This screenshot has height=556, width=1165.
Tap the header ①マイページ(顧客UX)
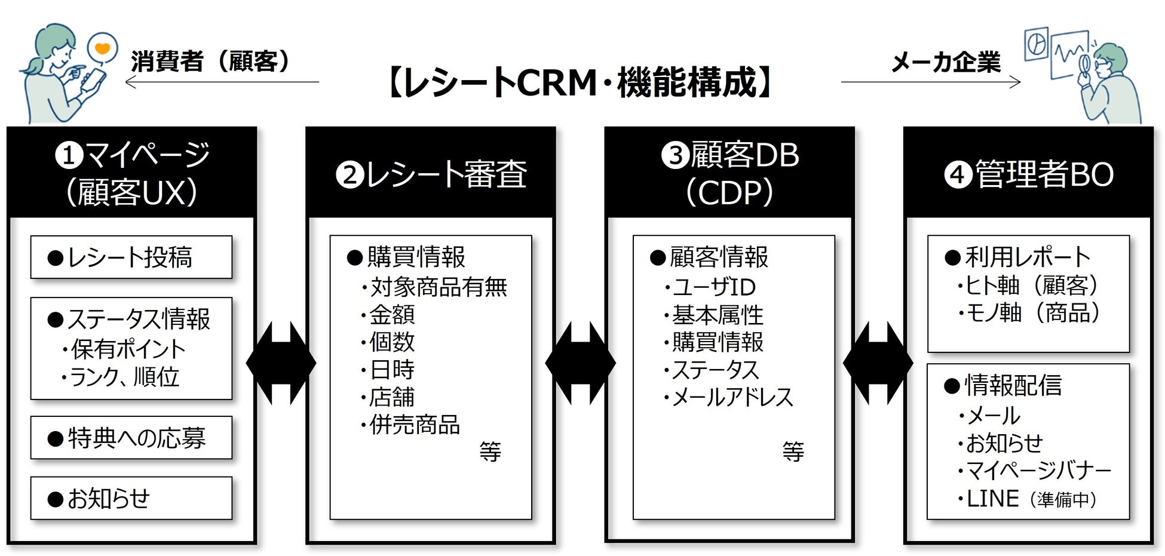pos(131,173)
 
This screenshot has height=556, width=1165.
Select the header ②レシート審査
pos(431,174)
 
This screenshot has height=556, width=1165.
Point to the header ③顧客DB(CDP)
pos(729,173)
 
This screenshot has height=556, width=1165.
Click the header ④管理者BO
pos(1028,174)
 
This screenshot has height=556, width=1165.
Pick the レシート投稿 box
pos(131,257)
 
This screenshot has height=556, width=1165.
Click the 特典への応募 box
pos(131,438)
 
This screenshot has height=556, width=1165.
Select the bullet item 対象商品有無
pos(436,287)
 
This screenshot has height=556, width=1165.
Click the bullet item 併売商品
pos(412,425)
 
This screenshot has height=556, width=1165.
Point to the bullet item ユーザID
pos(712,287)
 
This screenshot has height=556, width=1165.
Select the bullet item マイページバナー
pos(1037,471)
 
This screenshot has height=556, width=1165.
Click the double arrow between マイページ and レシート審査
pos(281,363)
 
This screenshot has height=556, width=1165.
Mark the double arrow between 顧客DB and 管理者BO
pos(878,363)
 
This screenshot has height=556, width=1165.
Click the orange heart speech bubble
pos(102,48)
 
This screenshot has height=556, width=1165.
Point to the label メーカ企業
pos(945,62)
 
